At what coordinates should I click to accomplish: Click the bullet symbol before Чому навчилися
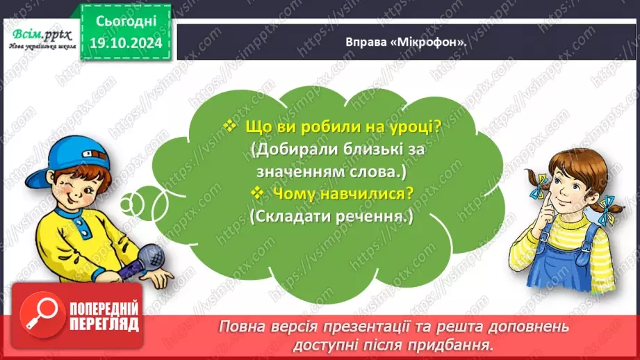258,193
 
